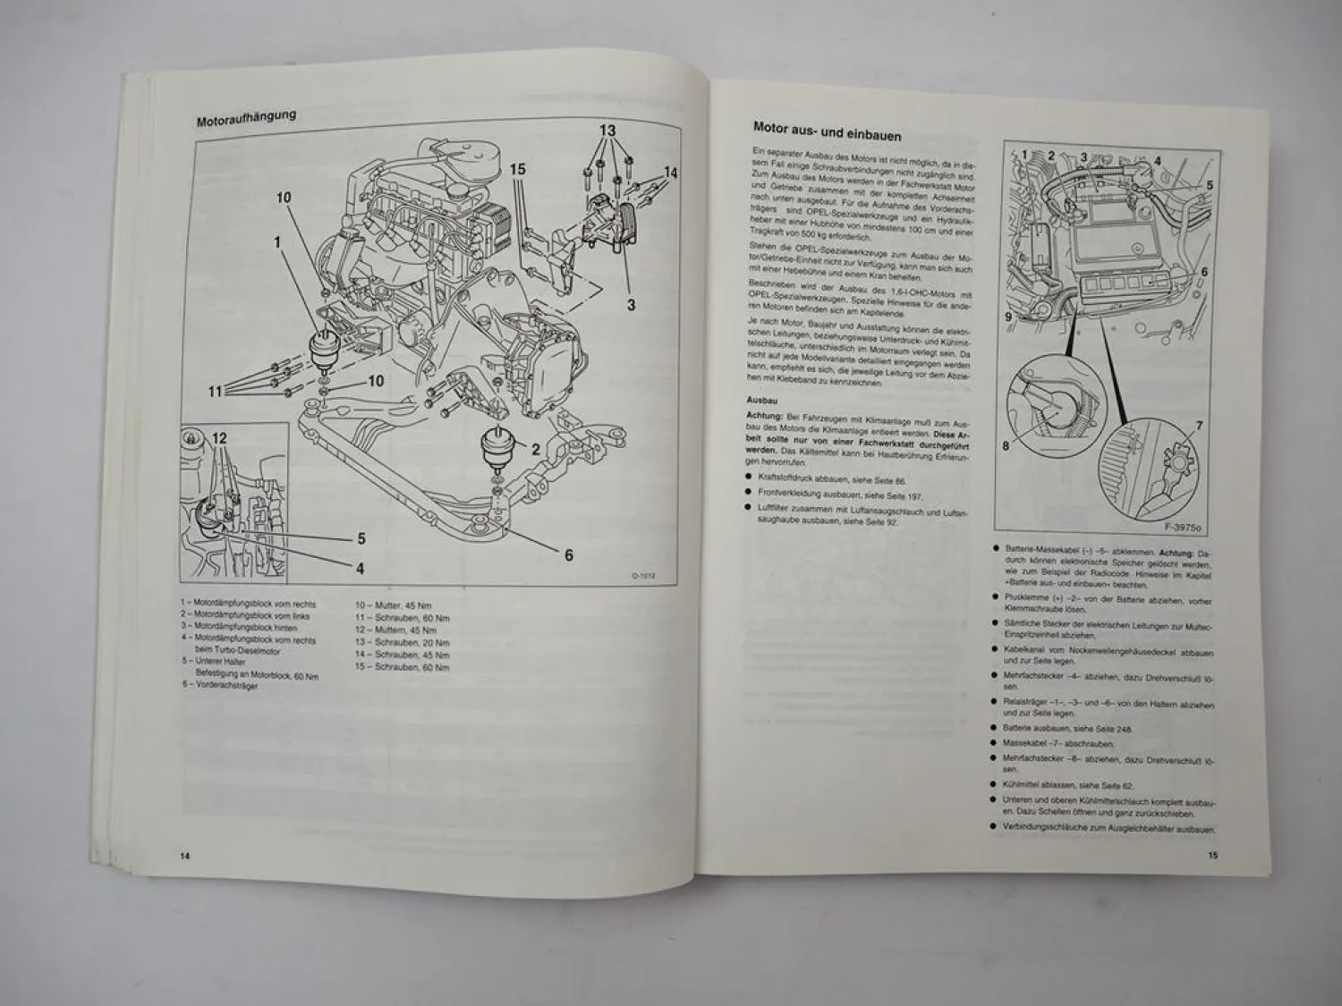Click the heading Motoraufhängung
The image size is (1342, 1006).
pyautogui.click(x=246, y=118)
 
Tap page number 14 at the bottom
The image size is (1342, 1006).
pyautogui.click(x=184, y=855)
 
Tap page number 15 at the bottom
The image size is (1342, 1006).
pyautogui.click(x=1212, y=855)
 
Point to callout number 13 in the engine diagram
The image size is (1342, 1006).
pyautogui.click(x=607, y=131)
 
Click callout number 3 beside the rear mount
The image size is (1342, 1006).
pyautogui.click(x=631, y=305)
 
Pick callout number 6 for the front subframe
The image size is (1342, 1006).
pyautogui.click(x=568, y=554)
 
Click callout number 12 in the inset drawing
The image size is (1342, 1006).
pyautogui.click(x=220, y=438)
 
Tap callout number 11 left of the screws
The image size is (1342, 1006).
pyautogui.click(x=215, y=391)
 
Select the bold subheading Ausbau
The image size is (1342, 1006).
pyautogui.click(x=760, y=401)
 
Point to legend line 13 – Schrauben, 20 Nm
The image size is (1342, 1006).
pyautogui.click(x=403, y=643)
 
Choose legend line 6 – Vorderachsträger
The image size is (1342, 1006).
pyautogui.click(x=219, y=686)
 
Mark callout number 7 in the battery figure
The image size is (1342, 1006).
pyautogui.click(x=1199, y=425)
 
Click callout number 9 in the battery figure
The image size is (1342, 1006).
pyautogui.click(x=1008, y=316)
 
